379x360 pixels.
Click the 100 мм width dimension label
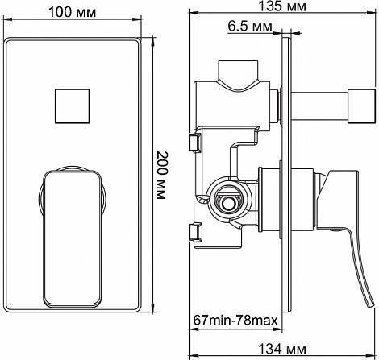click(72, 12)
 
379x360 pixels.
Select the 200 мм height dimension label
click(161, 176)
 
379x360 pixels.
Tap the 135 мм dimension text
click(282, 6)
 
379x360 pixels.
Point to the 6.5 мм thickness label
click(250, 27)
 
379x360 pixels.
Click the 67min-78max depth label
click(235, 321)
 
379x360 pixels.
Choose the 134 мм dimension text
click(282, 350)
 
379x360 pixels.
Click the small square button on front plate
click(72, 106)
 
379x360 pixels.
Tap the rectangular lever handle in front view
click(73, 238)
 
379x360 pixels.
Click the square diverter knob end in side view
click(361, 106)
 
